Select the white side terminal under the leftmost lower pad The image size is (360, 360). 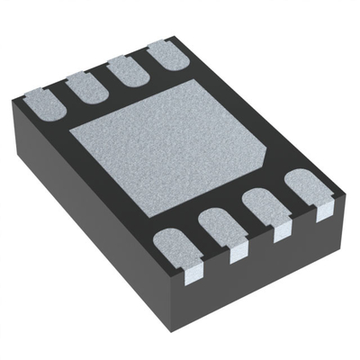pos(192,272)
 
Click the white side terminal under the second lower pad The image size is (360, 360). pos(238,253)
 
